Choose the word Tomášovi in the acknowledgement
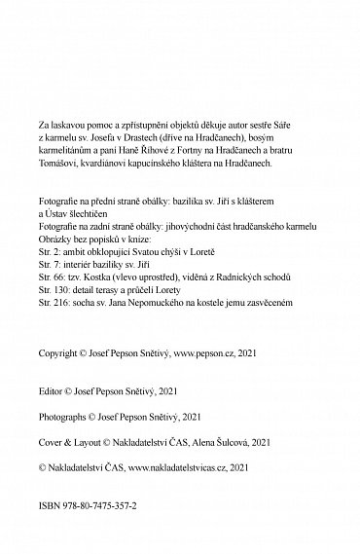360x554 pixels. pyautogui.click(x=58, y=189)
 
